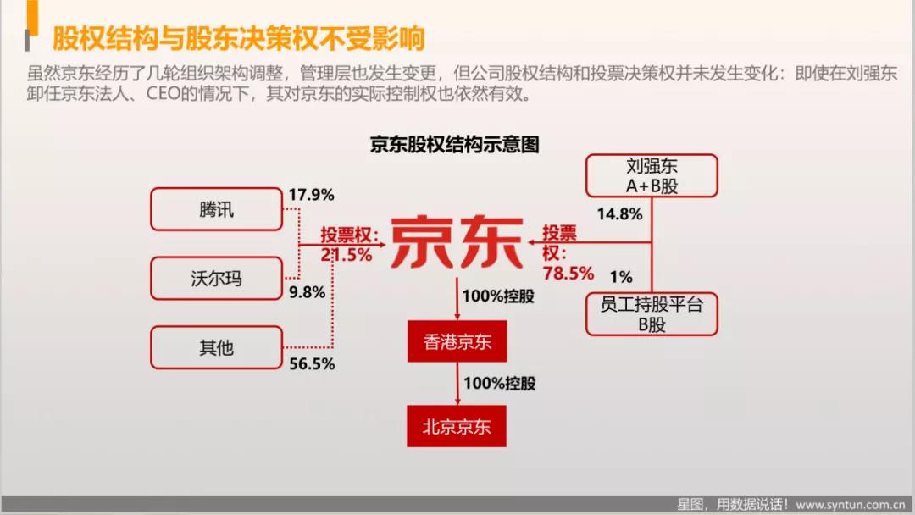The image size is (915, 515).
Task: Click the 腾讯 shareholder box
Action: tap(217, 209)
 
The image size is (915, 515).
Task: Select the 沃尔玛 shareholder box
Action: tap(217, 278)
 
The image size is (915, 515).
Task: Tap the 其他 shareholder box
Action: tap(217, 347)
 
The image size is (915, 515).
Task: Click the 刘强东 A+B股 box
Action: tap(652, 175)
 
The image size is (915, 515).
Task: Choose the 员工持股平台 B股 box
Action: tap(652, 314)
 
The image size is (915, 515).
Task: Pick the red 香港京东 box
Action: tap(457, 341)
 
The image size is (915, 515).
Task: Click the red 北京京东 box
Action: tap(457, 426)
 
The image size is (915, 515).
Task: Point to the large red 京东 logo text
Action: tap(457, 241)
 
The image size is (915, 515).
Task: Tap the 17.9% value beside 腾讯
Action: tap(312, 195)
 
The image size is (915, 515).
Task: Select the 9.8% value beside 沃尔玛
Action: tap(308, 291)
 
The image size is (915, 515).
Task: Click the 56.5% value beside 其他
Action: tap(312, 364)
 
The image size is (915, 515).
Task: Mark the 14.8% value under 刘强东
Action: tap(619, 214)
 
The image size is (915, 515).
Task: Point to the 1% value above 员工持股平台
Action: tap(622, 277)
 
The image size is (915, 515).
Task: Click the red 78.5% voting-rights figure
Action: tap(568, 273)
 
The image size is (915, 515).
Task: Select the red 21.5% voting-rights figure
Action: tap(347, 255)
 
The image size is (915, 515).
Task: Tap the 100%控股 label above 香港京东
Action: tap(498, 296)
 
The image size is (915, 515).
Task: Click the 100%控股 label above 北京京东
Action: tap(500, 383)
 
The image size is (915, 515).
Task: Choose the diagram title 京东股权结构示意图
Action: tap(455, 144)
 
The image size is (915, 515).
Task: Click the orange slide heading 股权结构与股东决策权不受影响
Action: tap(239, 38)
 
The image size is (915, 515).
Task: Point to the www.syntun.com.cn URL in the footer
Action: tap(851, 505)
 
